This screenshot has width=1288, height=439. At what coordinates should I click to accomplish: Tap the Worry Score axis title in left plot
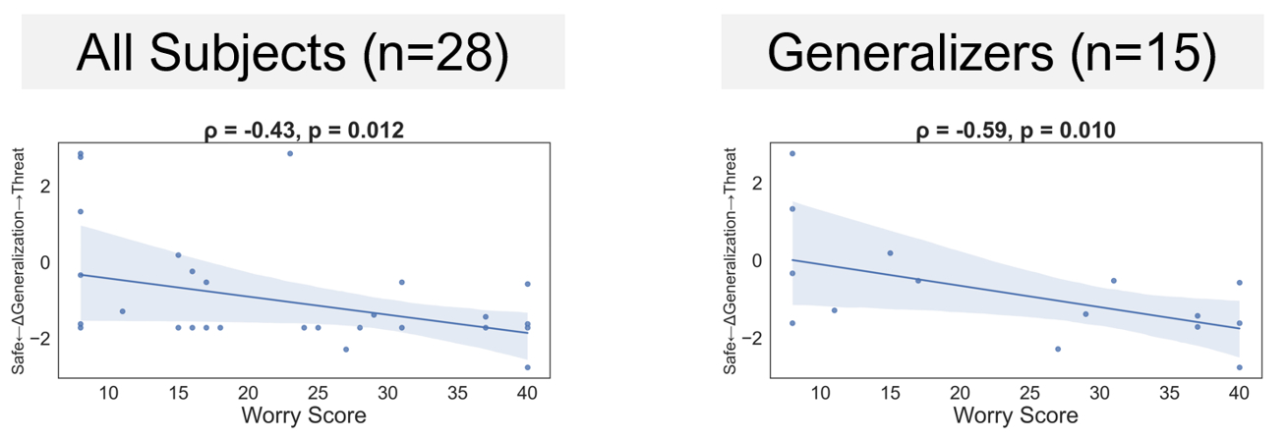[304, 415]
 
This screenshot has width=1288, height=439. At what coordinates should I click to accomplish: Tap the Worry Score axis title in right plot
[1016, 415]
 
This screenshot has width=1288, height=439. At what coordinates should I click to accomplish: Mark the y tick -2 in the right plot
[754, 338]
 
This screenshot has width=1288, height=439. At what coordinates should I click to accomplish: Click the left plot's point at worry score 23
[290, 153]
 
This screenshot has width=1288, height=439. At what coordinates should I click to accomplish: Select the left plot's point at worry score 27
[346, 349]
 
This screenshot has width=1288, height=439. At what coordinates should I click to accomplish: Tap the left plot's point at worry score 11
[122, 311]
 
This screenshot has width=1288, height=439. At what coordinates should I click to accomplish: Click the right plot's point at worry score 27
[1058, 349]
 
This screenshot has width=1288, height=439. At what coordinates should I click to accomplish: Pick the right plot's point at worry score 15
[890, 252]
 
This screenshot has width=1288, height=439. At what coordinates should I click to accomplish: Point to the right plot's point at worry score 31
[1114, 281]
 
